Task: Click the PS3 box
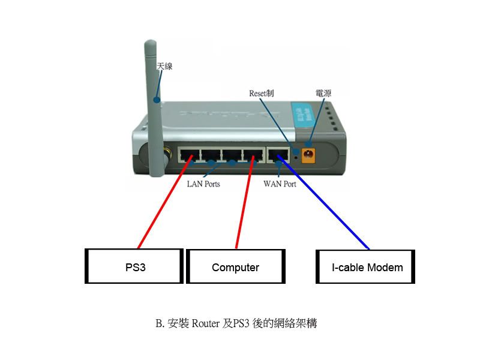(x=133, y=267)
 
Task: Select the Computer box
(x=235, y=267)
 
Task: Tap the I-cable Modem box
(x=365, y=267)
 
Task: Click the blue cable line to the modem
(x=324, y=204)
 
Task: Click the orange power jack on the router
(x=309, y=154)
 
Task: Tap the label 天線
(x=164, y=66)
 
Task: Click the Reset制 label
(x=262, y=93)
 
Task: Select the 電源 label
(x=323, y=93)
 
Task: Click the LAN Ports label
(x=203, y=184)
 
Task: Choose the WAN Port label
(x=280, y=184)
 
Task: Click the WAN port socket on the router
(x=277, y=155)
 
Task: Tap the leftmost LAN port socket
(x=189, y=155)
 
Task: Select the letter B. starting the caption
(x=160, y=323)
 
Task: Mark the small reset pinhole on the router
(x=296, y=157)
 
